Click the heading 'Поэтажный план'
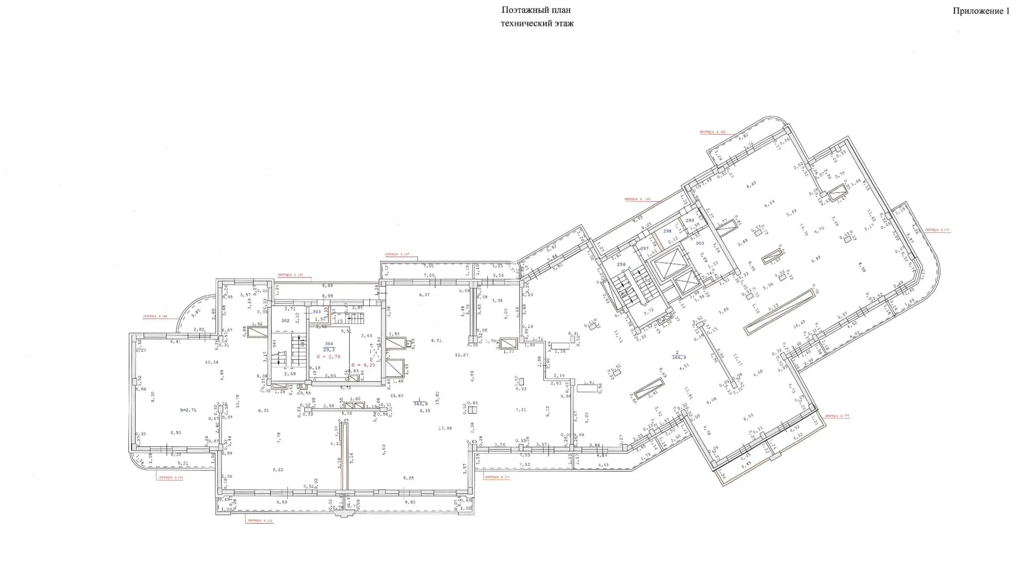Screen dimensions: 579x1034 pyautogui.click(x=536, y=10)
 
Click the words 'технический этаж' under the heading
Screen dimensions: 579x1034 pyautogui.click(x=537, y=24)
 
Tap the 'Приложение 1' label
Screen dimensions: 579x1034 pyautogui.click(x=981, y=11)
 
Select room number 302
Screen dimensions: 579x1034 pyautogui.click(x=285, y=321)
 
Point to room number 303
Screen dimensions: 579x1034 pyautogui.click(x=317, y=311)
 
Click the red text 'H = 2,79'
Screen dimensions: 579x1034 pyautogui.click(x=329, y=357)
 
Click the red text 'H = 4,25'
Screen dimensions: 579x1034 pyautogui.click(x=363, y=365)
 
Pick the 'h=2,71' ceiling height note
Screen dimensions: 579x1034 pyautogui.click(x=188, y=410)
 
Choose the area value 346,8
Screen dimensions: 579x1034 pyautogui.click(x=420, y=404)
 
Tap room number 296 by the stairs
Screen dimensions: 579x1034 pyautogui.click(x=621, y=265)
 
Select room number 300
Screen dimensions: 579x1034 pyautogui.click(x=700, y=244)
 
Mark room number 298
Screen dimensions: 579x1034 pyautogui.click(x=667, y=232)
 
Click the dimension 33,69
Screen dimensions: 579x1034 pyautogui.click(x=397, y=395)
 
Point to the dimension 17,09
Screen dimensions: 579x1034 pyautogui.click(x=445, y=428)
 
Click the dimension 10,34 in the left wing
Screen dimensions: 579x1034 pyautogui.click(x=211, y=362)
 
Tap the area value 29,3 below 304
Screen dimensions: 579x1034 pyautogui.click(x=329, y=350)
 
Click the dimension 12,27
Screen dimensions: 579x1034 pyautogui.click(x=461, y=355)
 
